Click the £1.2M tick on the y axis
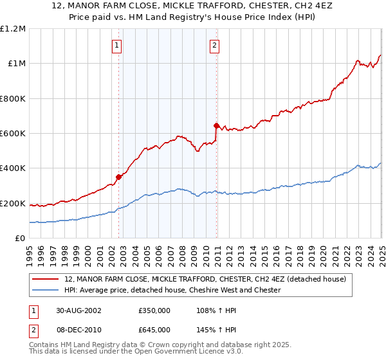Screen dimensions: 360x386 pyautogui.click(x=12, y=29)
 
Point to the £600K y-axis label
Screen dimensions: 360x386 pyautogui.click(x=12, y=134)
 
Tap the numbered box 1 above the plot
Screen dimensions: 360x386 pyautogui.click(x=116, y=45)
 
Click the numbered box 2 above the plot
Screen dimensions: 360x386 pyautogui.click(x=214, y=45)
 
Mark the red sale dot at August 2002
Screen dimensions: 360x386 pyautogui.click(x=119, y=177)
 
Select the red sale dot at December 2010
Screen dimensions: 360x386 pyautogui.click(x=216, y=125)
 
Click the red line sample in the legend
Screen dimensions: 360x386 pyautogui.click(x=45, y=280)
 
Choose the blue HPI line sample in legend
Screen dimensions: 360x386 pyautogui.click(x=45, y=290)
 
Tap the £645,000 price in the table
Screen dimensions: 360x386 pyautogui.click(x=154, y=329)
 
